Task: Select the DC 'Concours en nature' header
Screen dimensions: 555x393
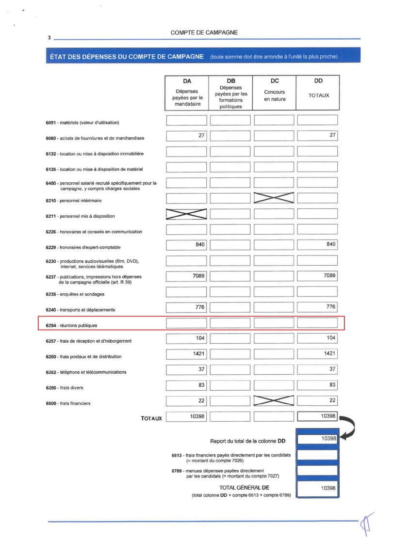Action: [x=274, y=92]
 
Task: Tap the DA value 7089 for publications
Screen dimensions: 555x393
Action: [x=187, y=276]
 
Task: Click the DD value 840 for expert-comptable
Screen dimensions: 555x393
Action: [x=317, y=245]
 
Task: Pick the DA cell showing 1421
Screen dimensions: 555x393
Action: [x=187, y=354]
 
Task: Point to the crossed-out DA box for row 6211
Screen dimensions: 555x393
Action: [x=187, y=214]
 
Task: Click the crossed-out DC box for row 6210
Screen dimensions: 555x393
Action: [x=274, y=198]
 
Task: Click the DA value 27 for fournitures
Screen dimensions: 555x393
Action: [x=187, y=136]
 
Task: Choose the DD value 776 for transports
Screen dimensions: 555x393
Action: [x=317, y=307]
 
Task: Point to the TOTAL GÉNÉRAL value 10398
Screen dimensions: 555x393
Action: [x=317, y=489]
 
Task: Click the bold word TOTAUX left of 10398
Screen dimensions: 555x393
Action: [x=151, y=418]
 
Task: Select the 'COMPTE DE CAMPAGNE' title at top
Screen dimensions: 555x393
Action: [x=204, y=32]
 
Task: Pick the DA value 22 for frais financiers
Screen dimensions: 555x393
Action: [x=187, y=400]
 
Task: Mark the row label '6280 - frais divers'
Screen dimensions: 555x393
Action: [x=67, y=388]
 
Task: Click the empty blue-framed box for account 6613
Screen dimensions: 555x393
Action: [x=317, y=455]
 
